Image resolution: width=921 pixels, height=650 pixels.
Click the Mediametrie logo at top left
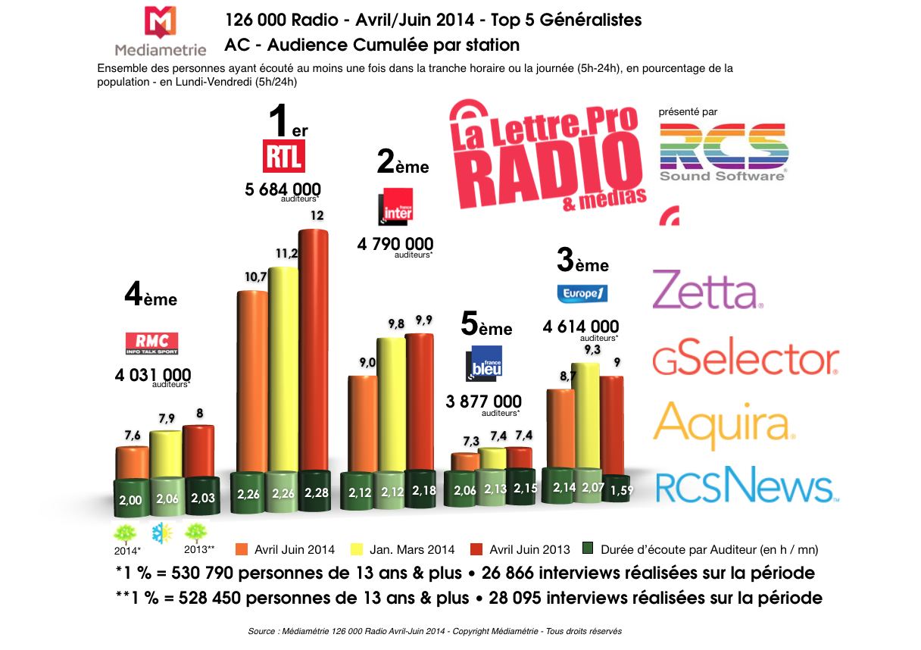[160, 32]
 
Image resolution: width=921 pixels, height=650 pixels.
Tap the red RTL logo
[283, 157]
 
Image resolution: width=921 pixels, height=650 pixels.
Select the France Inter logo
[396, 205]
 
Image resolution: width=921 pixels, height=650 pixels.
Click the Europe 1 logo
[582, 293]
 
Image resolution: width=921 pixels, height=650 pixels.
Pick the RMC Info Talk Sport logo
[151, 343]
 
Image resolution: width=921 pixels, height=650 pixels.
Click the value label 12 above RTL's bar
[317, 215]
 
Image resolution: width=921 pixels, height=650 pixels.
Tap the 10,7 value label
[254, 277]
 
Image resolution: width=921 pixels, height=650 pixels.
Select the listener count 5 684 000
[283, 189]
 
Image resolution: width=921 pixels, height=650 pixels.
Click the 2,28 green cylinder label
[317, 493]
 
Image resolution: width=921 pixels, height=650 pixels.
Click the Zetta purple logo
[707, 291]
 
